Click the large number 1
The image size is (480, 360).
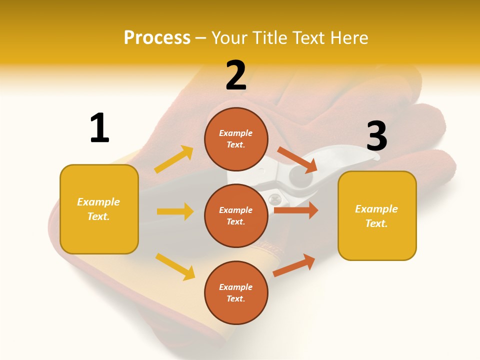point(99,128)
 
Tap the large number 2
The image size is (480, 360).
point(236,75)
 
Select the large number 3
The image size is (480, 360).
point(376,136)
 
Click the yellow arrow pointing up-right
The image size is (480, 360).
point(174,159)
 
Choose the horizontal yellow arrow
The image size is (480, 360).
point(175,211)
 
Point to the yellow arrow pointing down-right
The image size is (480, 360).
point(175,266)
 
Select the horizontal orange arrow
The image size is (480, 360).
point(296,210)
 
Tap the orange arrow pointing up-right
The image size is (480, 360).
point(294,265)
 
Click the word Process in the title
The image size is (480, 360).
point(157,37)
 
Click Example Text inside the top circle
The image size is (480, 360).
point(236,139)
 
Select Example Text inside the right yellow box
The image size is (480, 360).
point(376,216)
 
